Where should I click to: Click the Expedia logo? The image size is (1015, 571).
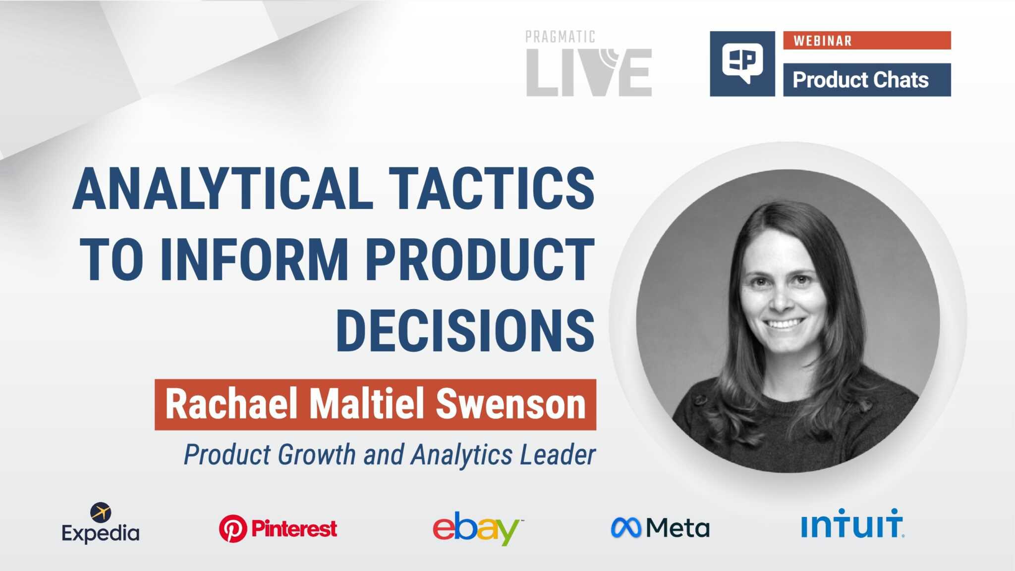click(101, 524)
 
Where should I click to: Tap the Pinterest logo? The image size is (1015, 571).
click(278, 528)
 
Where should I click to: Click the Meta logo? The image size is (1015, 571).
click(660, 528)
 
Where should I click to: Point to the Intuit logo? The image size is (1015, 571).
click(852, 523)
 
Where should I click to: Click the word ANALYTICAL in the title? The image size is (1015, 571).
click(223, 189)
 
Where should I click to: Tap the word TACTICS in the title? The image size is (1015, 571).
click(492, 189)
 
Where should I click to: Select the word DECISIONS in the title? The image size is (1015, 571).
click(465, 330)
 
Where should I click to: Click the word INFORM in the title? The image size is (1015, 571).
click(254, 260)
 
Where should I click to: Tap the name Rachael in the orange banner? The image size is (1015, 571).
click(232, 405)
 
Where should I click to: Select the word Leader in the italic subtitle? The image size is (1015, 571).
click(558, 455)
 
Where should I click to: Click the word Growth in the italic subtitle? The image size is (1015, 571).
click(316, 455)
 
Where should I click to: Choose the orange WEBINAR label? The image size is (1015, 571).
click(866, 41)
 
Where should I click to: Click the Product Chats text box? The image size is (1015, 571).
click(866, 80)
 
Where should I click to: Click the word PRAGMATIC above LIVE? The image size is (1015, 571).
click(560, 37)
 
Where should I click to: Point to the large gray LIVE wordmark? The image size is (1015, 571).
click(589, 73)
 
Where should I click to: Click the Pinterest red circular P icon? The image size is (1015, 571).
click(233, 528)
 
